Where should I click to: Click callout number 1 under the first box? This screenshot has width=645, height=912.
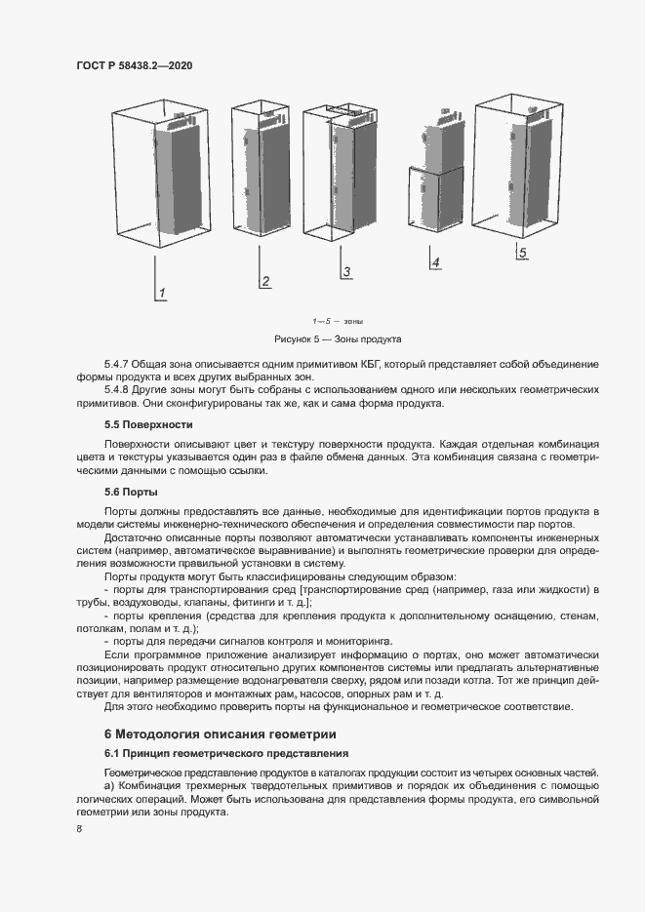tap(163, 293)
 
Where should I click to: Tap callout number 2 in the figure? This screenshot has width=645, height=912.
tap(264, 283)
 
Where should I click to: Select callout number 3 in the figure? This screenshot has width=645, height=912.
tap(346, 271)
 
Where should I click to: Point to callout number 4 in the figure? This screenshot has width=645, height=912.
tap(435, 262)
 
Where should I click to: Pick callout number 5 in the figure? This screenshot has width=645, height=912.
tap(522, 253)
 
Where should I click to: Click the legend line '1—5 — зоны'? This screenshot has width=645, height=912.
tap(338, 321)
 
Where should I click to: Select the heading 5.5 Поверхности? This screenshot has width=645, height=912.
tap(148, 424)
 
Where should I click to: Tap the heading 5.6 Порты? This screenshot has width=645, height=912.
tap(131, 492)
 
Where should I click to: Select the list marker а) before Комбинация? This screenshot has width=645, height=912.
tap(109, 786)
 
